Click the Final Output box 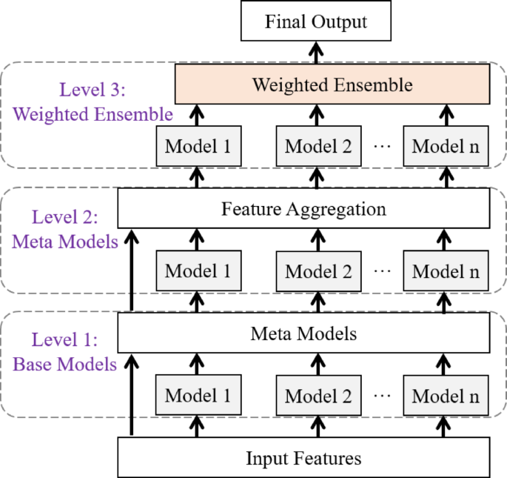coord(315,21)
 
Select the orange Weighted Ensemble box coord(332,84)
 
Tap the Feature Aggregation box coord(303,209)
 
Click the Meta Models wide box coord(303,333)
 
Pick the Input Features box coord(303,458)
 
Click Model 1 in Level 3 coord(197,145)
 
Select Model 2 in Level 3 coord(318,145)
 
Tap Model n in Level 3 coord(446,145)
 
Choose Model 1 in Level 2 coord(197,270)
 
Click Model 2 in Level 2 coord(318,270)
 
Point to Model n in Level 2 coord(446,270)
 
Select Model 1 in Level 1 coord(197,395)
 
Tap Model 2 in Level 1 coord(318,395)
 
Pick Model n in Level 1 coord(446,395)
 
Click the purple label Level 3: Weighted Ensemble coord(93,103)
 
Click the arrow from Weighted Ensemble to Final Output coord(316,53)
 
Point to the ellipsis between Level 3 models coord(382,146)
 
